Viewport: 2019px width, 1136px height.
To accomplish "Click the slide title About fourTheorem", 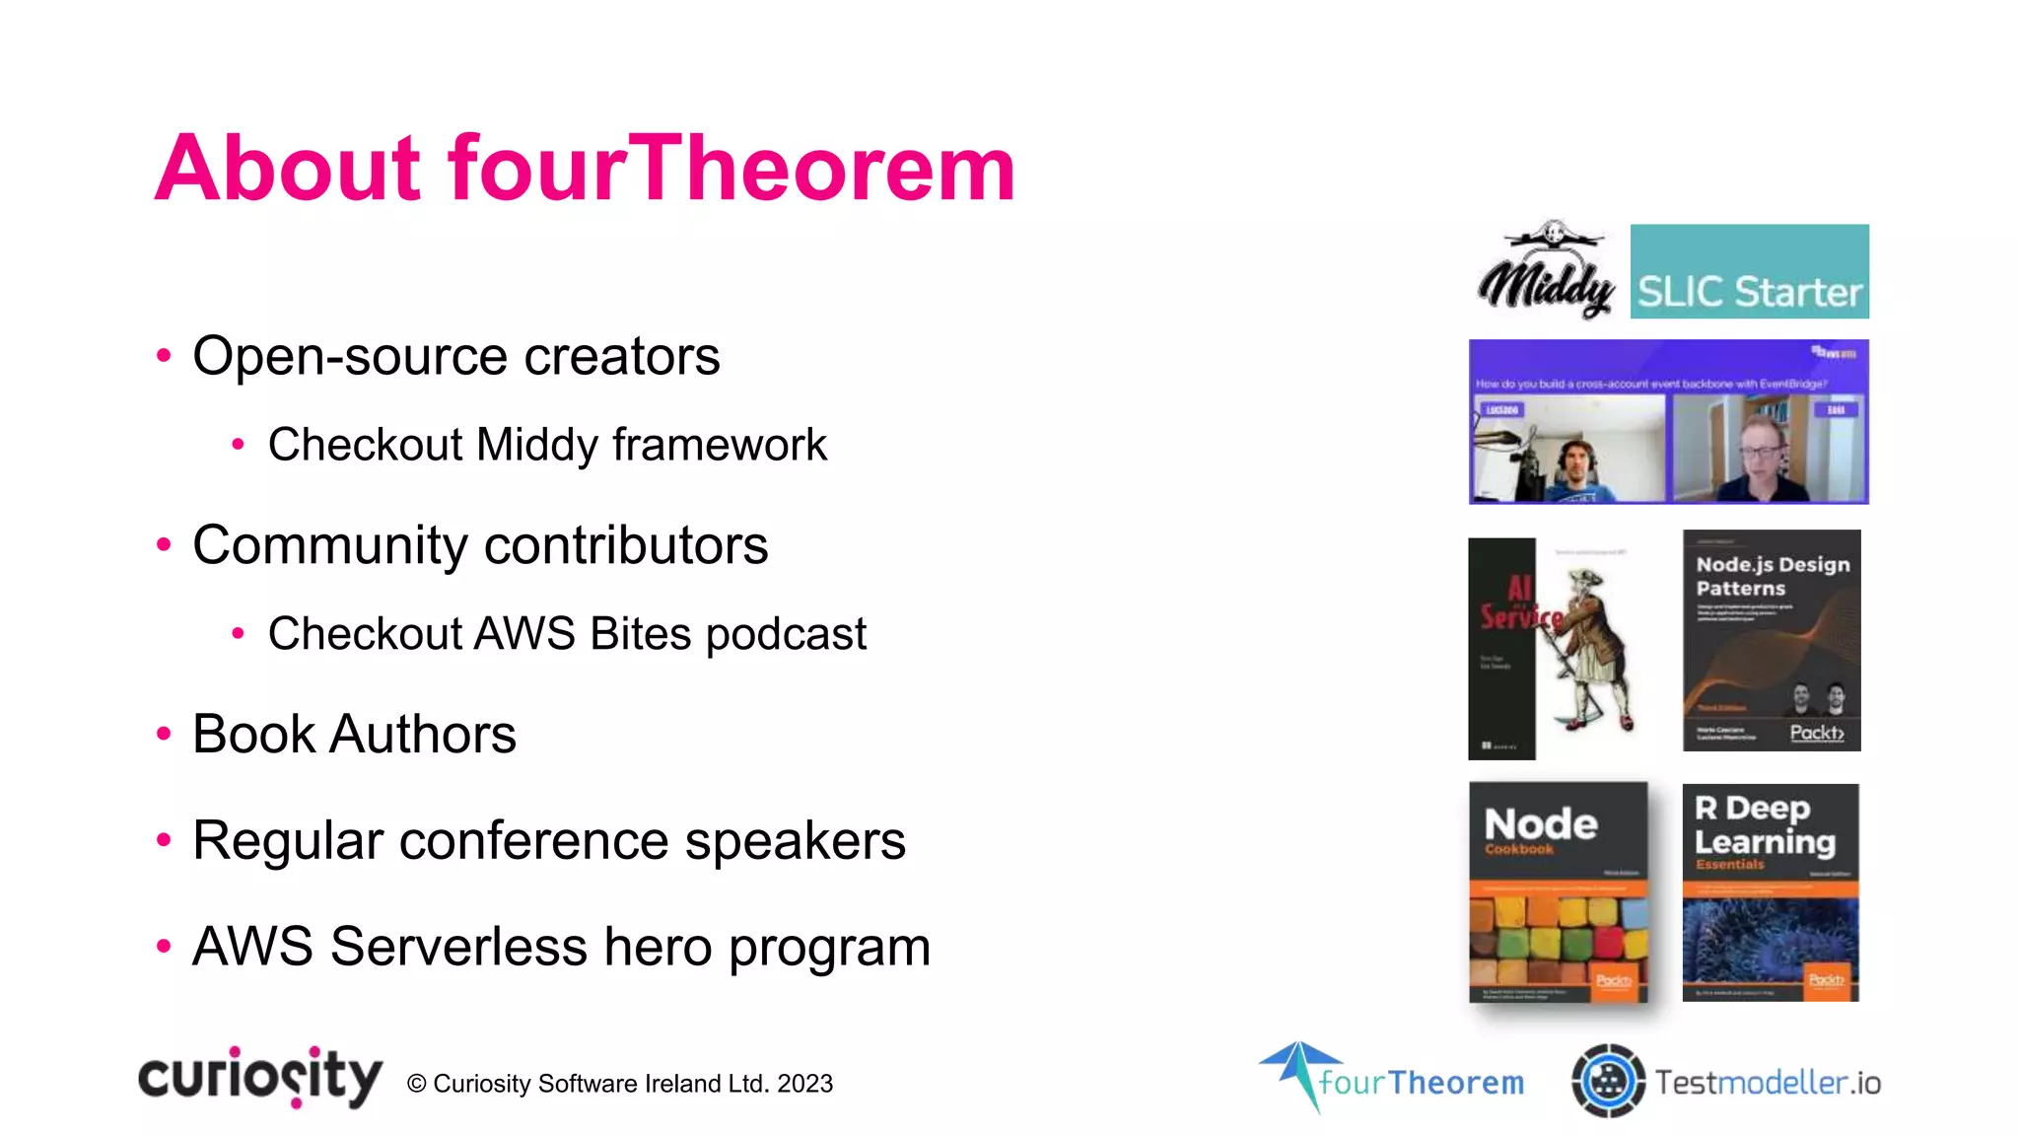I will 585,169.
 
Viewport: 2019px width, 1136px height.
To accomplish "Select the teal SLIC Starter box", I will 1749,271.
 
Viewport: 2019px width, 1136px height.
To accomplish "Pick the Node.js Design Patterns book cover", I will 1772,640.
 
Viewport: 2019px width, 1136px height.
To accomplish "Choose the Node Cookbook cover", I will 1558,892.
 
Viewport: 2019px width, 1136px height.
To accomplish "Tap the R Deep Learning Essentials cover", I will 1770,892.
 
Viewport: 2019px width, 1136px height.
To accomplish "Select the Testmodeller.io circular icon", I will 1608,1081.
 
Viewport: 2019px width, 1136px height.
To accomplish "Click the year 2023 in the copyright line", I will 804,1084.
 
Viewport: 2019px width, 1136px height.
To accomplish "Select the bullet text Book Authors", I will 354,735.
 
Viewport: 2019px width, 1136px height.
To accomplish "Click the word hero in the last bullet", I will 658,947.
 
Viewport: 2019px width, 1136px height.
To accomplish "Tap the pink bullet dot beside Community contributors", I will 164,545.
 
